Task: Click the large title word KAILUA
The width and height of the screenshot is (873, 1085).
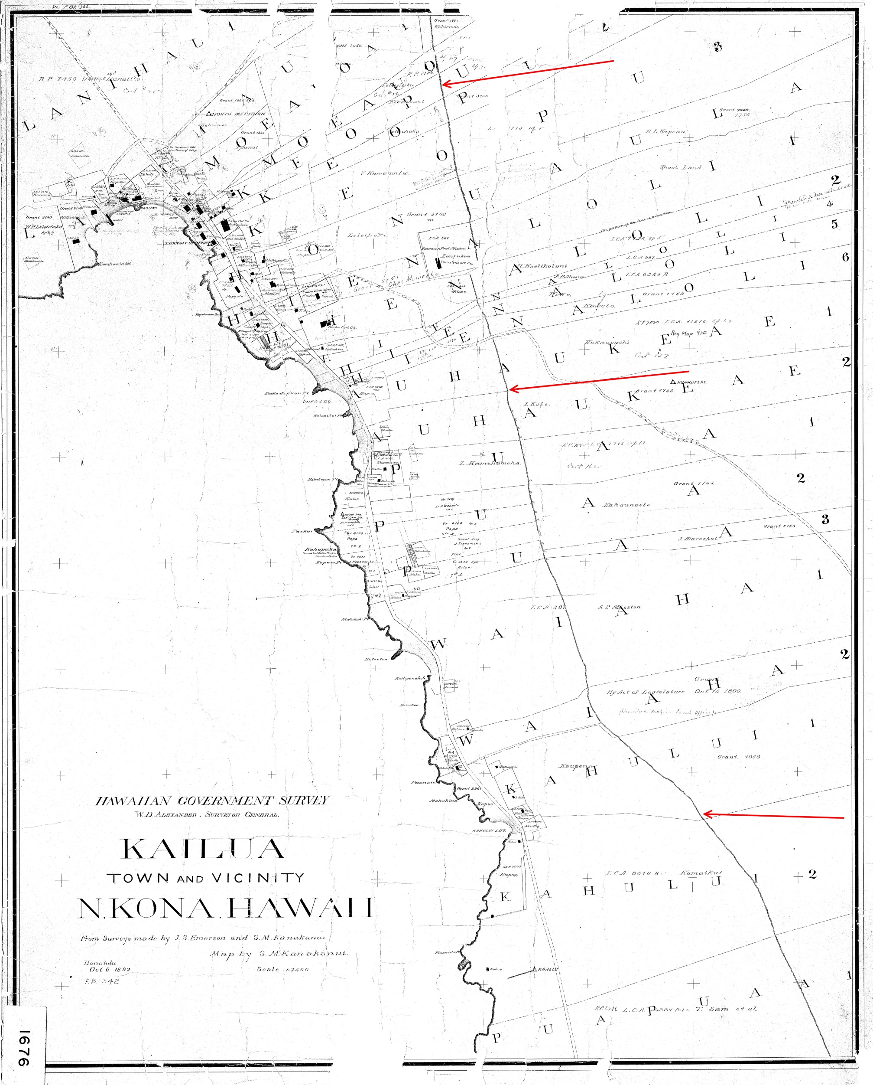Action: [203, 849]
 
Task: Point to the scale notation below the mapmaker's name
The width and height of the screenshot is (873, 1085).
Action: [282, 969]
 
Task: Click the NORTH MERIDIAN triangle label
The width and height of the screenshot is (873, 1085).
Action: [235, 114]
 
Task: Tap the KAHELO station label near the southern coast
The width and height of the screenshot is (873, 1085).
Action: [547, 969]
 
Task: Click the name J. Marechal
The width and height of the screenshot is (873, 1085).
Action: [698, 539]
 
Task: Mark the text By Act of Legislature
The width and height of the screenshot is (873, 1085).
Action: [645, 692]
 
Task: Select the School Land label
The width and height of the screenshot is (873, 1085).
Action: [680, 167]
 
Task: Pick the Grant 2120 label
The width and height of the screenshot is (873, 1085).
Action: [779, 526]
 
